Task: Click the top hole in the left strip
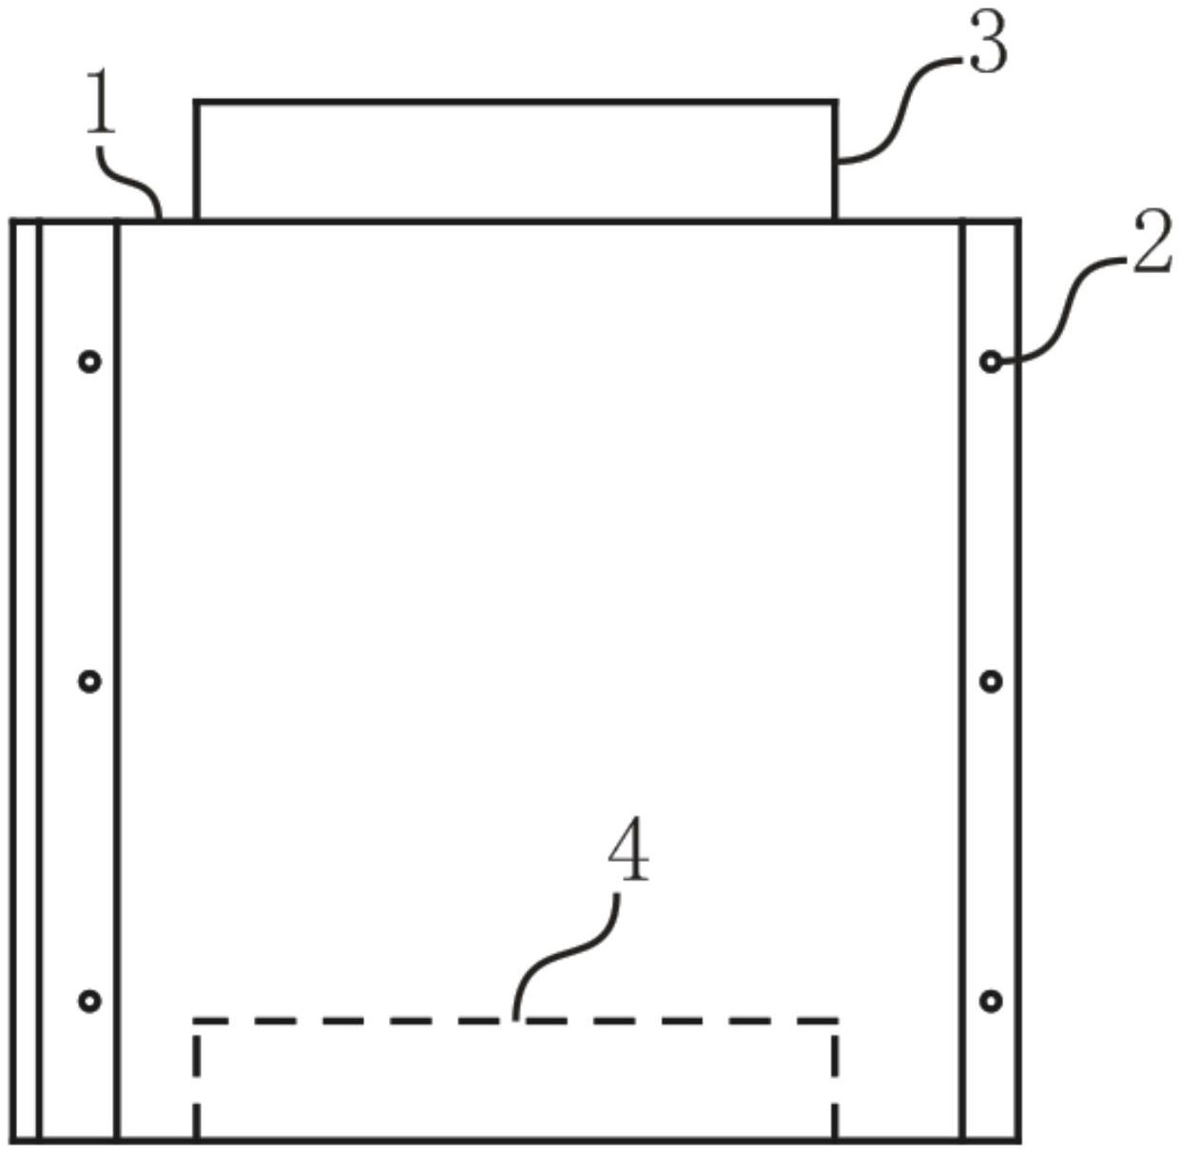pos(89,362)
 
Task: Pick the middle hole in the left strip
pos(89,681)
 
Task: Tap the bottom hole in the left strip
pos(89,1001)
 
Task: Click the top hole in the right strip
pos(991,362)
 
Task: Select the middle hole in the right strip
pos(991,681)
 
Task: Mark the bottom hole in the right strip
pos(991,1001)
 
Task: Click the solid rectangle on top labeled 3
pos(515,160)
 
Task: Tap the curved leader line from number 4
pos(561,951)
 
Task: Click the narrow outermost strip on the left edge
pos(26,680)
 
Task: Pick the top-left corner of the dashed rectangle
pos(196,1021)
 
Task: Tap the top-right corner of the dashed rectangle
pos(836,1021)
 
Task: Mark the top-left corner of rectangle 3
pos(196,101)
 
